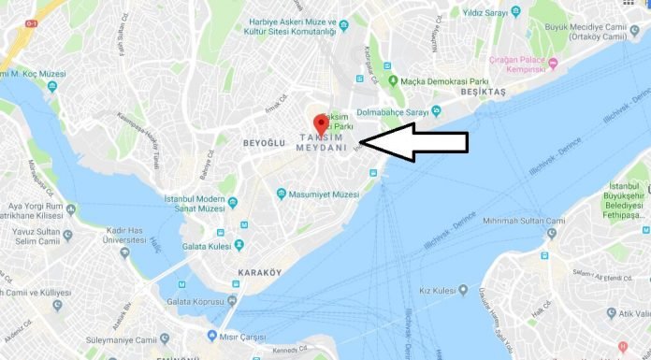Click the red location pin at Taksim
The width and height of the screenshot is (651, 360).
point(321,123)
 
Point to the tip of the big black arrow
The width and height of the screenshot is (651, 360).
point(360,142)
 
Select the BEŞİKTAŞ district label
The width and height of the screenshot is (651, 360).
point(483,94)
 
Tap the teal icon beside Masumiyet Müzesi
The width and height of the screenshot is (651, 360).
point(281,194)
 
